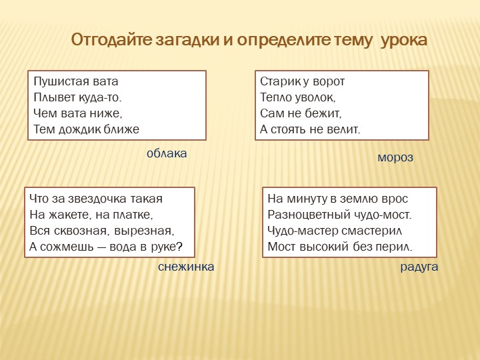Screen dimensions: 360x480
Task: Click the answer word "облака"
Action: point(167,153)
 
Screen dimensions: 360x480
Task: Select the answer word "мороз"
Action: point(395,158)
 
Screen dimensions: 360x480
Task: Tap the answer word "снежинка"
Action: point(186,267)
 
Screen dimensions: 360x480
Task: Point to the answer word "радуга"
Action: point(419,267)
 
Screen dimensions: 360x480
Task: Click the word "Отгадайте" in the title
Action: point(111,40)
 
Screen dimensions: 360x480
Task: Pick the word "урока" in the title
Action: point(404,40)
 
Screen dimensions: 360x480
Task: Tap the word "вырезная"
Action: point(147,231)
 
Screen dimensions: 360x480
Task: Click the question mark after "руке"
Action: point(179,247)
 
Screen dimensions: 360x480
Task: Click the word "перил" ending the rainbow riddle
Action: point(399,247)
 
